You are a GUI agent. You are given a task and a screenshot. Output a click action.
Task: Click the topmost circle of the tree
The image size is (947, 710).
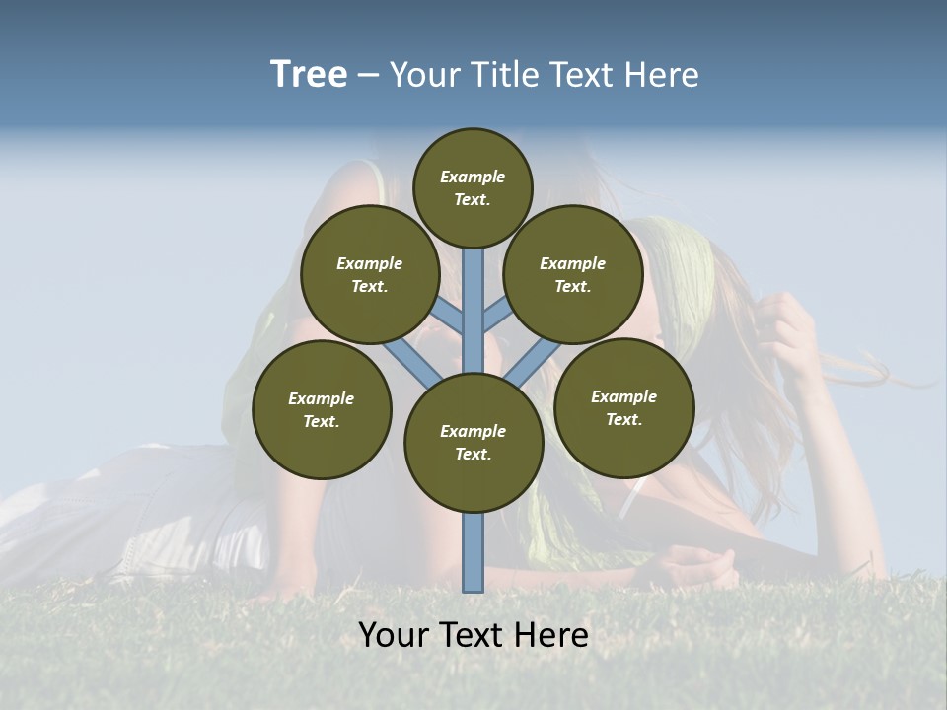pyautogui.click(x=473, y=187)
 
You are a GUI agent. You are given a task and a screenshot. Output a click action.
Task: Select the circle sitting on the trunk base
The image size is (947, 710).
pyautogui.click(x=473, y=443)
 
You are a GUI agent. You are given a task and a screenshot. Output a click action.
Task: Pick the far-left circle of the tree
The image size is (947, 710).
pyautogui.click(x=322, y=409)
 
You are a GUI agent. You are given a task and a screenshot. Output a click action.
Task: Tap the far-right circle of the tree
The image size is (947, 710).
pyautogui.click(x=624, y=407)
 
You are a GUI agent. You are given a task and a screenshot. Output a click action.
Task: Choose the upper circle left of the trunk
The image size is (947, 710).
pyautogui.click(x=370, y=274)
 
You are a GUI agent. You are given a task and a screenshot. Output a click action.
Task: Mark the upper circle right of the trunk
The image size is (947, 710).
pyautogui.click(x=573, y=274)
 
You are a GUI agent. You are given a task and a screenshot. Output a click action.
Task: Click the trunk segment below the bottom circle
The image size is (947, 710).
pyautogui.click(x=473, y=552)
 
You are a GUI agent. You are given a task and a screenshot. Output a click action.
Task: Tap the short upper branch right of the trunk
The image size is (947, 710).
pyautogui.click(x=496, y=315)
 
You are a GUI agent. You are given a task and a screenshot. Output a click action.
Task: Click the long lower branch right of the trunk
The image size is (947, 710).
pyautogui.click(x=533, y=363)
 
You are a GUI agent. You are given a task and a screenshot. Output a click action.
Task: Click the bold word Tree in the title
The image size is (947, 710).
pyautogui.click(x=309, y=75)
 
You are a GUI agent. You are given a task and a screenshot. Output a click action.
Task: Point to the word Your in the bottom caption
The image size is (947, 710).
pyautogui.click(x=393, y=635)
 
